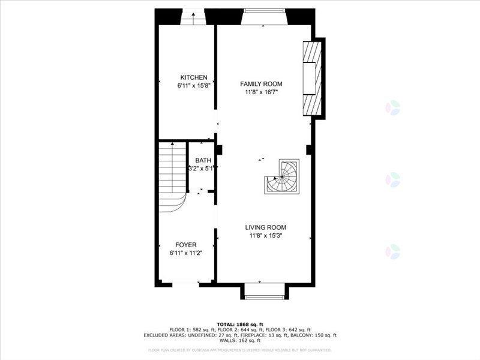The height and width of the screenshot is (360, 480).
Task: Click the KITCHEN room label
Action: pyautogui.click(x=194, y=77)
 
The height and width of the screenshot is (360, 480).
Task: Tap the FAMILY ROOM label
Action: pyautogui.click(x=261, y=84)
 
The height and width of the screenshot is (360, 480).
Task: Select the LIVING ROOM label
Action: pyautogui.click(x=265, y=227)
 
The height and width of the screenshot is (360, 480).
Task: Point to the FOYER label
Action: pyautogui.click(x=186, y=245)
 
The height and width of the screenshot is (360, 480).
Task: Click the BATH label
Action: pyautogui.click(x=203, y=161)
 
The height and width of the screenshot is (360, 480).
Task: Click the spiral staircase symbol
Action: pyautogui.click(x=283, y=176)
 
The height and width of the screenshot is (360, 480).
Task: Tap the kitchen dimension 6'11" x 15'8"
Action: pyautogui.click(x=194, y=86)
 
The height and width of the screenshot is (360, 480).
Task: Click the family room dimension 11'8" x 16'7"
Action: pyautogui.click(x=261, y=92)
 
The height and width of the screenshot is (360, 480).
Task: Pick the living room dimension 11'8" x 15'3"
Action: pyautogui.click(x=265, y=236)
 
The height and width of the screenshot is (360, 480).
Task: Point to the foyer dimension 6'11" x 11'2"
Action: pyautogui.click(x=186, y=254)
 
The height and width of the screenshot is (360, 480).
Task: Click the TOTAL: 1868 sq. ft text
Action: pyautogui.click(x=240, y=324)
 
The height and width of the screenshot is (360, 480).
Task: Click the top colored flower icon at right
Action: pyautogui.click(x=392, y=107)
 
